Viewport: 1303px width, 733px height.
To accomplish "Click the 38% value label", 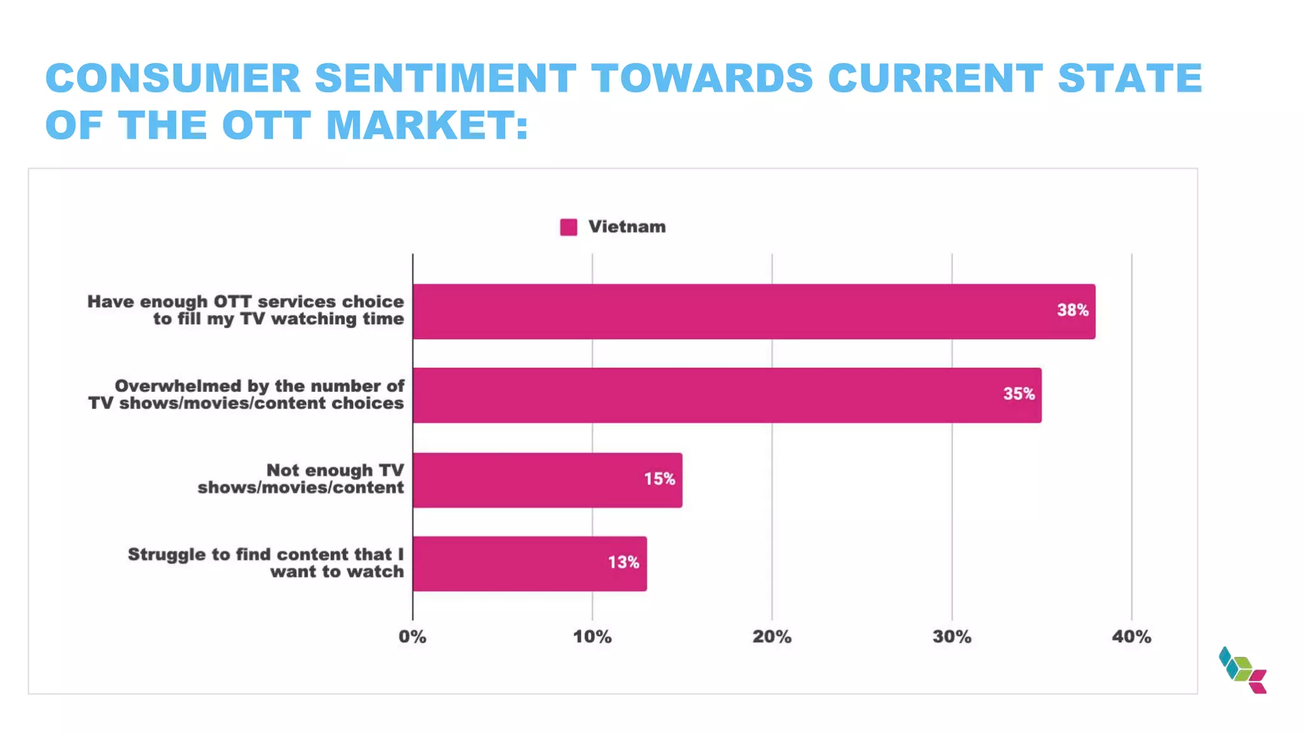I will [1073, 311].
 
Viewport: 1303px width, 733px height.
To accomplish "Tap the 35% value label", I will [1019, 394].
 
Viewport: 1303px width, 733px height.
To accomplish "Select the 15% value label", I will [659, 479].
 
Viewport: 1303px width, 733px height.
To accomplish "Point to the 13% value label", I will [624, 562].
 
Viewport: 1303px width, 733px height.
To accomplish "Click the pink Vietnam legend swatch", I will [568, 227].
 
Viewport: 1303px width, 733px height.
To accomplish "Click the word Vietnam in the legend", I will [627, 227].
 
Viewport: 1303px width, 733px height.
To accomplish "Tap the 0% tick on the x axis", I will [412, 637].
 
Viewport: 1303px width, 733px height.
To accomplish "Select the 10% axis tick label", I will [592, 637].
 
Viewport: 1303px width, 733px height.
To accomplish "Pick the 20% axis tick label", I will [772, 637].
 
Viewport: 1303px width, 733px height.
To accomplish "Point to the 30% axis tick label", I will [952, 637].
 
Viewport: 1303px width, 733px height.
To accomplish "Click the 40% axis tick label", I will [1131, 637].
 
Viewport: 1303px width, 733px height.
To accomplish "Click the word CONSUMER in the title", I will [173, 78].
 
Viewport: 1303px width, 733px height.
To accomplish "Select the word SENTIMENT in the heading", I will [445, 78].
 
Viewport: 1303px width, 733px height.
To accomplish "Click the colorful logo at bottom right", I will [1243, 670].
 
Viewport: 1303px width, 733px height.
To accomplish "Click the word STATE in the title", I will [1129, 78].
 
